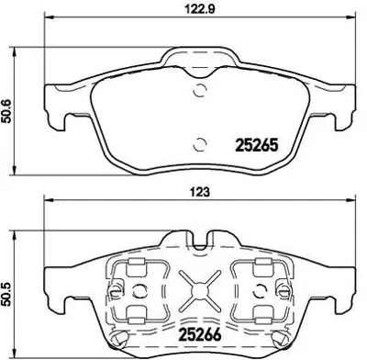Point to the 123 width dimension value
coord(199,192)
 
